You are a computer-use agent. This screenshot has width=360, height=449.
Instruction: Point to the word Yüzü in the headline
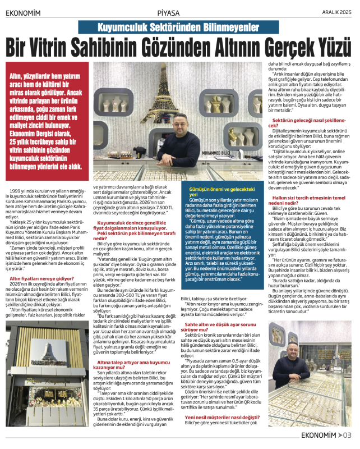[333, 47]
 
